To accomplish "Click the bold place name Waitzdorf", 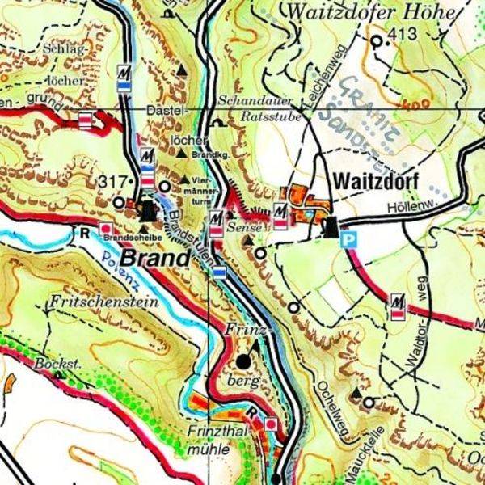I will point(373,181).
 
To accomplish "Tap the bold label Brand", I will point(156,259).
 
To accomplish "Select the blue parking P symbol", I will point(348,239).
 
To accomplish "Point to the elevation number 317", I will point(112,180).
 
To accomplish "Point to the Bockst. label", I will point(58,365).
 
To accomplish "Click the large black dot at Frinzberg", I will point(244,361).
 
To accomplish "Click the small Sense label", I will point(241,230).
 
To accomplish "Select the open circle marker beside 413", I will point(377,40).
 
